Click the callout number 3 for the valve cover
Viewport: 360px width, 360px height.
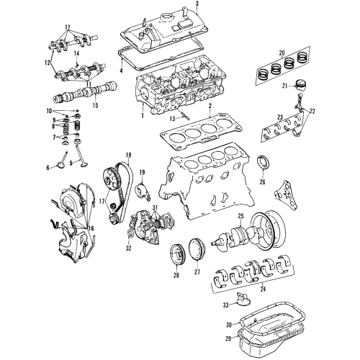pos(197,4)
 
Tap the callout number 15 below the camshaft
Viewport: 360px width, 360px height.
pos(95,105)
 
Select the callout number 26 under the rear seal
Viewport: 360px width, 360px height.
pos(263,182)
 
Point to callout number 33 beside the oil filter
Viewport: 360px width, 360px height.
pos(226,305)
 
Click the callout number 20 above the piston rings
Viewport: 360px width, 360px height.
pos(282,53)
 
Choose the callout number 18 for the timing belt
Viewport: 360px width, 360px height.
pos(128,155)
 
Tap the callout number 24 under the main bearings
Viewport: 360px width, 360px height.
pos(263,289)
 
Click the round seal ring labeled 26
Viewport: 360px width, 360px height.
pos(263,163)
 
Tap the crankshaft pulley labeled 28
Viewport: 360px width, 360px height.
pos(176,254)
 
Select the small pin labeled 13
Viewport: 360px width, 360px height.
pos(185,115)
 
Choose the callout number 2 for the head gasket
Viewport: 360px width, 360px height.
pos(210,106)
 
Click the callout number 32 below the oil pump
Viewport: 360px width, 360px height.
pos(129,248)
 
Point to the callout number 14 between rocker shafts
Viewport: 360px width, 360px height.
pos(76,53)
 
